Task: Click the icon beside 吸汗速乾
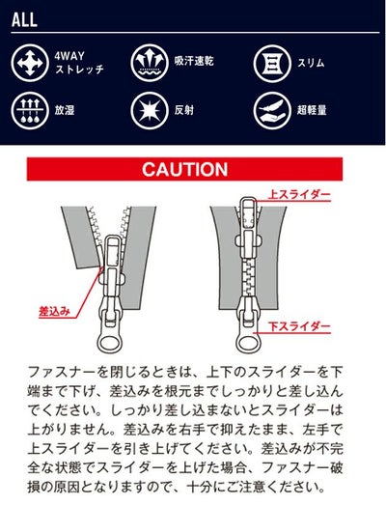(149, 63)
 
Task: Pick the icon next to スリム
(273, 63)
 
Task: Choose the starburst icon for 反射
(149, 109)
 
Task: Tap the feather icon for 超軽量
(273, 109)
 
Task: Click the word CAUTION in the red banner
(184, 170)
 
